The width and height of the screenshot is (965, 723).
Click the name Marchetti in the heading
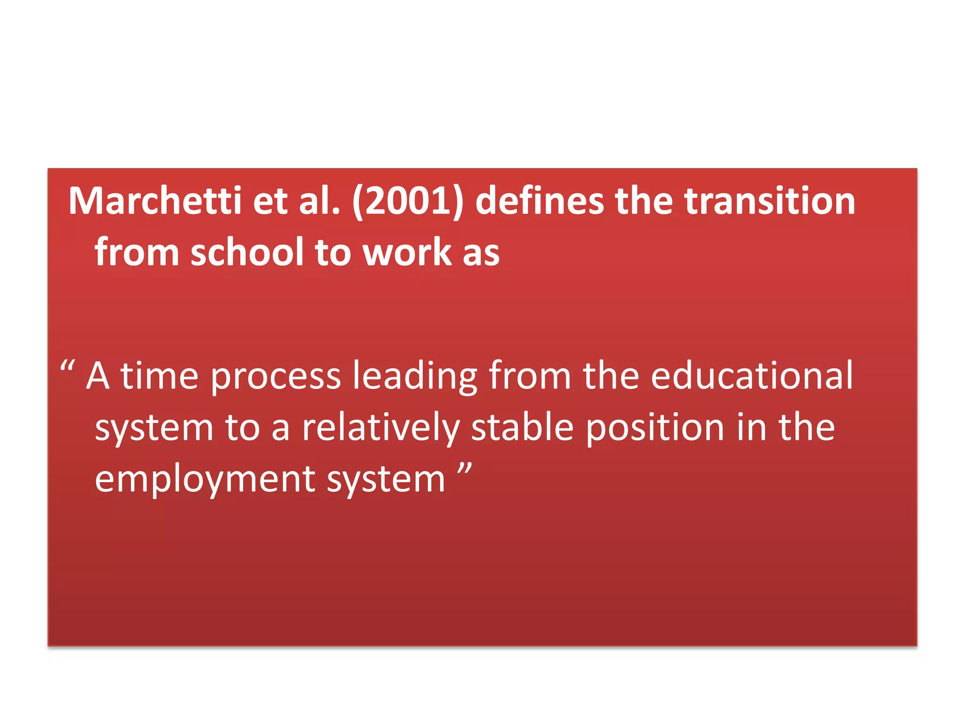click(155, 201)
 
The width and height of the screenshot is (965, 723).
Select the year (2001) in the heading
click(408, 201)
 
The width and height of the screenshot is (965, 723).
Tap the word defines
click(539, 201)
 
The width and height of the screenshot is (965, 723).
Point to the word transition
click(769, 201)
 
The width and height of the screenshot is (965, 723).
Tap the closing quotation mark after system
click(465, 469)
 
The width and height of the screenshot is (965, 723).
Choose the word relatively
click(381, 428)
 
